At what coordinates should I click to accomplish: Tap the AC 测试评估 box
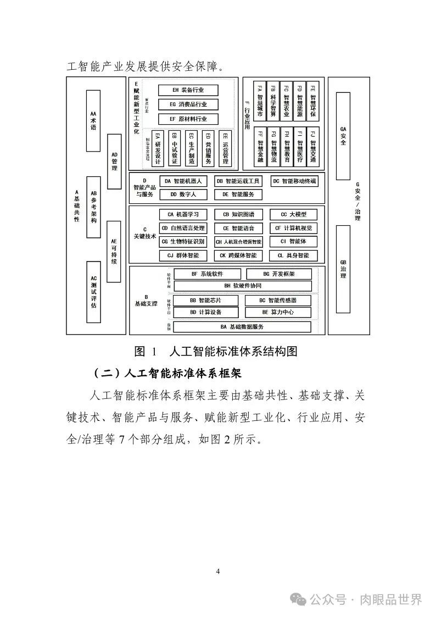click(93, 291)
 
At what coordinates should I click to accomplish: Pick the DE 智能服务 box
click(238, 194)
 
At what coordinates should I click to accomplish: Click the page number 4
click(218, 571)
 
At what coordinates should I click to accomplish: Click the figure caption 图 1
click(146, 351)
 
